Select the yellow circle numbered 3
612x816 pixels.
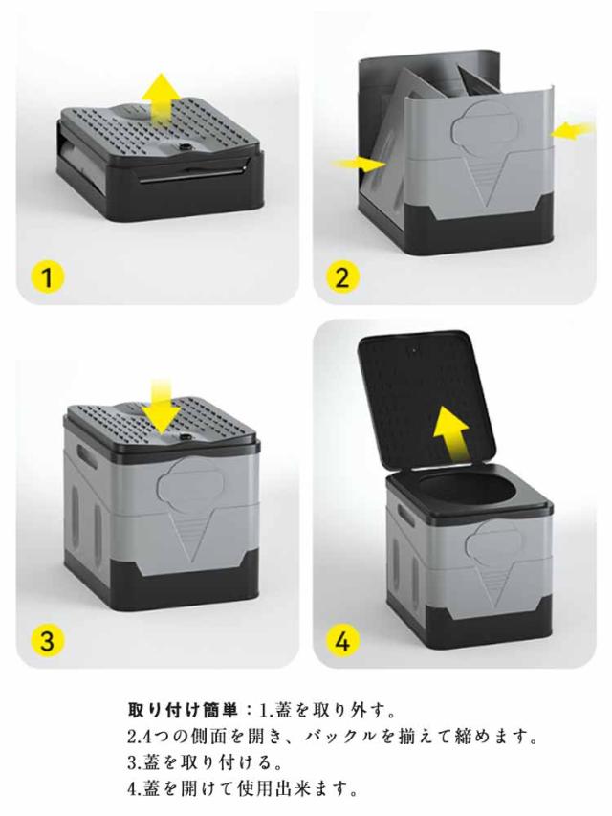[x=48, y=640]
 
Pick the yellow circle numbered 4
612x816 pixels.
[x=342, y=640]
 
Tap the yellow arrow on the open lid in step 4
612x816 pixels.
[x=451, y=433]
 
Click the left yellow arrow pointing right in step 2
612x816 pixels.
[x=360, y=164]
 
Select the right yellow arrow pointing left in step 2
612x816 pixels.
[x=573, y=131]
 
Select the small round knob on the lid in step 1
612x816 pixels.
[x=184, y=147]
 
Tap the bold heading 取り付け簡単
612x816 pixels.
[x=183, y=709]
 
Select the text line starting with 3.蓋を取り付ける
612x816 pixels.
[x=205, y=762]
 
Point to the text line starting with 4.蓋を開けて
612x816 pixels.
[x=243, y=789]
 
